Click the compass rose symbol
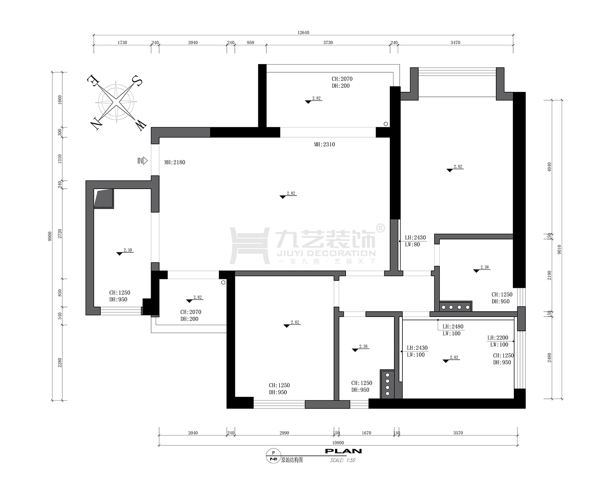tap(116, 102)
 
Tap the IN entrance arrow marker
tap(142, 161)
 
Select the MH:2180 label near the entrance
tap(175, 162)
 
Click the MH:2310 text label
tap(324, 144)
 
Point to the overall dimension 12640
tap(303, 33)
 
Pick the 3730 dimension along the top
tap(328, 43)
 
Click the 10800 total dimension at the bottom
tap(338, 443)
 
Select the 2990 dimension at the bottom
tap(284, 433)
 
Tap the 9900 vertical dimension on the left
tap(50, 236)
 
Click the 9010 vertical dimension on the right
tap(559, 249)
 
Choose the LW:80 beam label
tap(412, 244)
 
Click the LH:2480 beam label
tap(453, 327)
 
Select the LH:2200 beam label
tap(498, 338)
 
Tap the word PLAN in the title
tap(343, 451)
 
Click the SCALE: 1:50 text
tap(342, 460)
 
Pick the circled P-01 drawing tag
tap(274, 456)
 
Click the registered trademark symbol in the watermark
tap(381, 228)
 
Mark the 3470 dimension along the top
tap(455, 43)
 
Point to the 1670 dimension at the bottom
tap(366, 433)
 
